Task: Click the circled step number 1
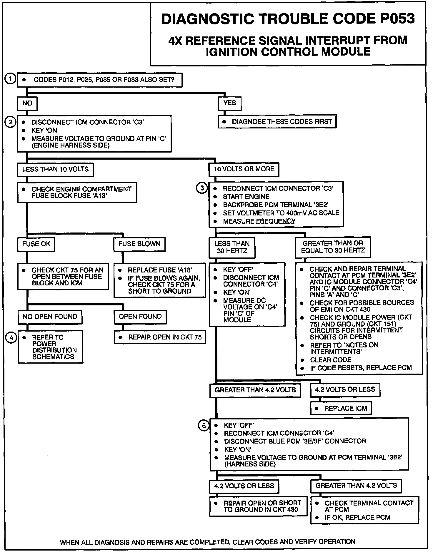point(10,79)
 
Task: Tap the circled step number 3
point(202,188)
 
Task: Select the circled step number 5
point(204,425)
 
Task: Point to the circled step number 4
point(11,338)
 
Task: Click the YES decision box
point(229,103)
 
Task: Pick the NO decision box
point(27,103)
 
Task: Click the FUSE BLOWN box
point(139,244)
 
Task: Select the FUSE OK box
point(36,244)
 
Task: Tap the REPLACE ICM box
point(341,408)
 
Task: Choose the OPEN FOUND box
point(140,317)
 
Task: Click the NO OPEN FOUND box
point(50,317)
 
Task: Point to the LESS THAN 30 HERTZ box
point(232,247)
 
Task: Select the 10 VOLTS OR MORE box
point(244,169)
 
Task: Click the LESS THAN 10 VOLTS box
point(55,169)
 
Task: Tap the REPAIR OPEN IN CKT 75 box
point(160,337)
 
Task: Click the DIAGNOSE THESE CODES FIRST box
point(277,122)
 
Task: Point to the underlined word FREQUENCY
point(276,221)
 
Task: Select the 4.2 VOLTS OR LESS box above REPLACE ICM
point(345,390)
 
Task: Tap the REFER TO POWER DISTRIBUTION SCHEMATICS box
point(51,347)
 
